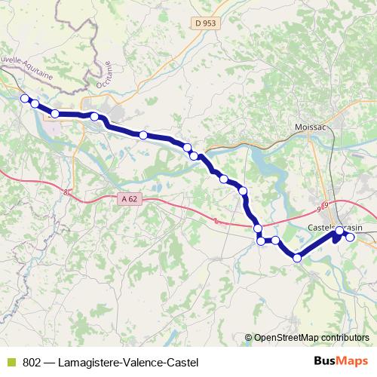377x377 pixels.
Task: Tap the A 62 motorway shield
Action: click(130, 199)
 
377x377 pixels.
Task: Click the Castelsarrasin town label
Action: click(336, 228)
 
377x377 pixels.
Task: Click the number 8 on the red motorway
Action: click(66, 193)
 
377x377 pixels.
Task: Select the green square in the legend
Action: click(10, 362)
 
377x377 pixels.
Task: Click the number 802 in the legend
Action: click(32, 362)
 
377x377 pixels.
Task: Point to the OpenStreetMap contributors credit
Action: click(311, 338)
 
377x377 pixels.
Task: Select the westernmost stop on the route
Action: click(24, 98)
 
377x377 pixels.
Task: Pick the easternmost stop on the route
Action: click(350, 238)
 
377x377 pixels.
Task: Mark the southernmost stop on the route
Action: click(297, 258)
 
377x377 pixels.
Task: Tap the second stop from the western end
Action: click(35, 104)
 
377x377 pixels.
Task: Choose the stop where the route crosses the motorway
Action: click(258, 228)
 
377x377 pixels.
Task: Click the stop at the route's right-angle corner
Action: click(261, 241)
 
